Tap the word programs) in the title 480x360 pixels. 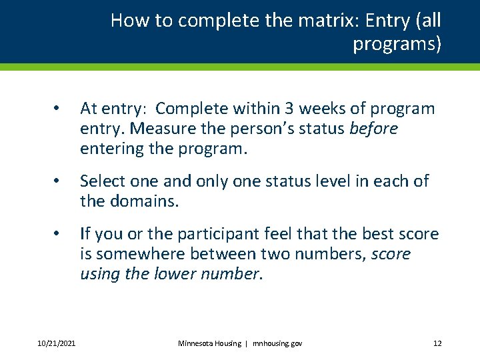point(397,44)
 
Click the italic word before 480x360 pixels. point(373,129)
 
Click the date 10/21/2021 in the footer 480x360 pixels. point(57,343)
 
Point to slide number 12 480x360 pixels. point(437,343)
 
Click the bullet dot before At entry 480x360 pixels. point(58,109)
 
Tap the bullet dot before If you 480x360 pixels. point(58,235)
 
